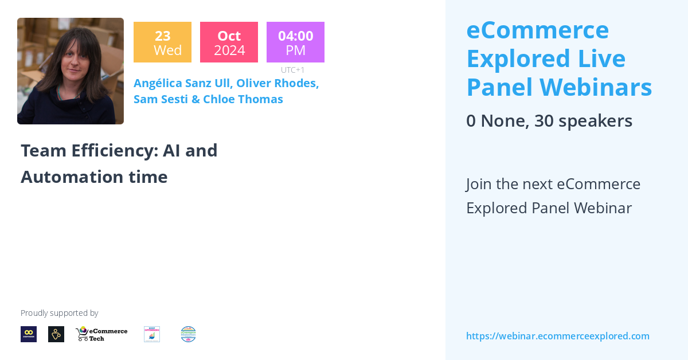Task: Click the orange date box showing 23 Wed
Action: tap(162, 42)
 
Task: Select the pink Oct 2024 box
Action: tap(229, 42)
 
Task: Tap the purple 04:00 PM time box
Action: tap(295, 42)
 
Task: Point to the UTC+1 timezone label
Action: tap(292, 70)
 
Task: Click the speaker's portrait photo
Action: tap(71, 71)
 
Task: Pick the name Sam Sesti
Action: tap(159, 99)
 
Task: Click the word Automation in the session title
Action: tap(71, 177)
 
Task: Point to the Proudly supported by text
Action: tap(60, 313)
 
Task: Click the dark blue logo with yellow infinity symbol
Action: tap(29, 334)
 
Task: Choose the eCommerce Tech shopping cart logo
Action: tap(101, 334)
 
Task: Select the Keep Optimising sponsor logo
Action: tap(152, 334)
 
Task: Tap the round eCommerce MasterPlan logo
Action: tap(188, 334)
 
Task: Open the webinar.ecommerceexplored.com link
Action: tap(557, 336)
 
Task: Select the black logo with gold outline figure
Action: tap(56, 334)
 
